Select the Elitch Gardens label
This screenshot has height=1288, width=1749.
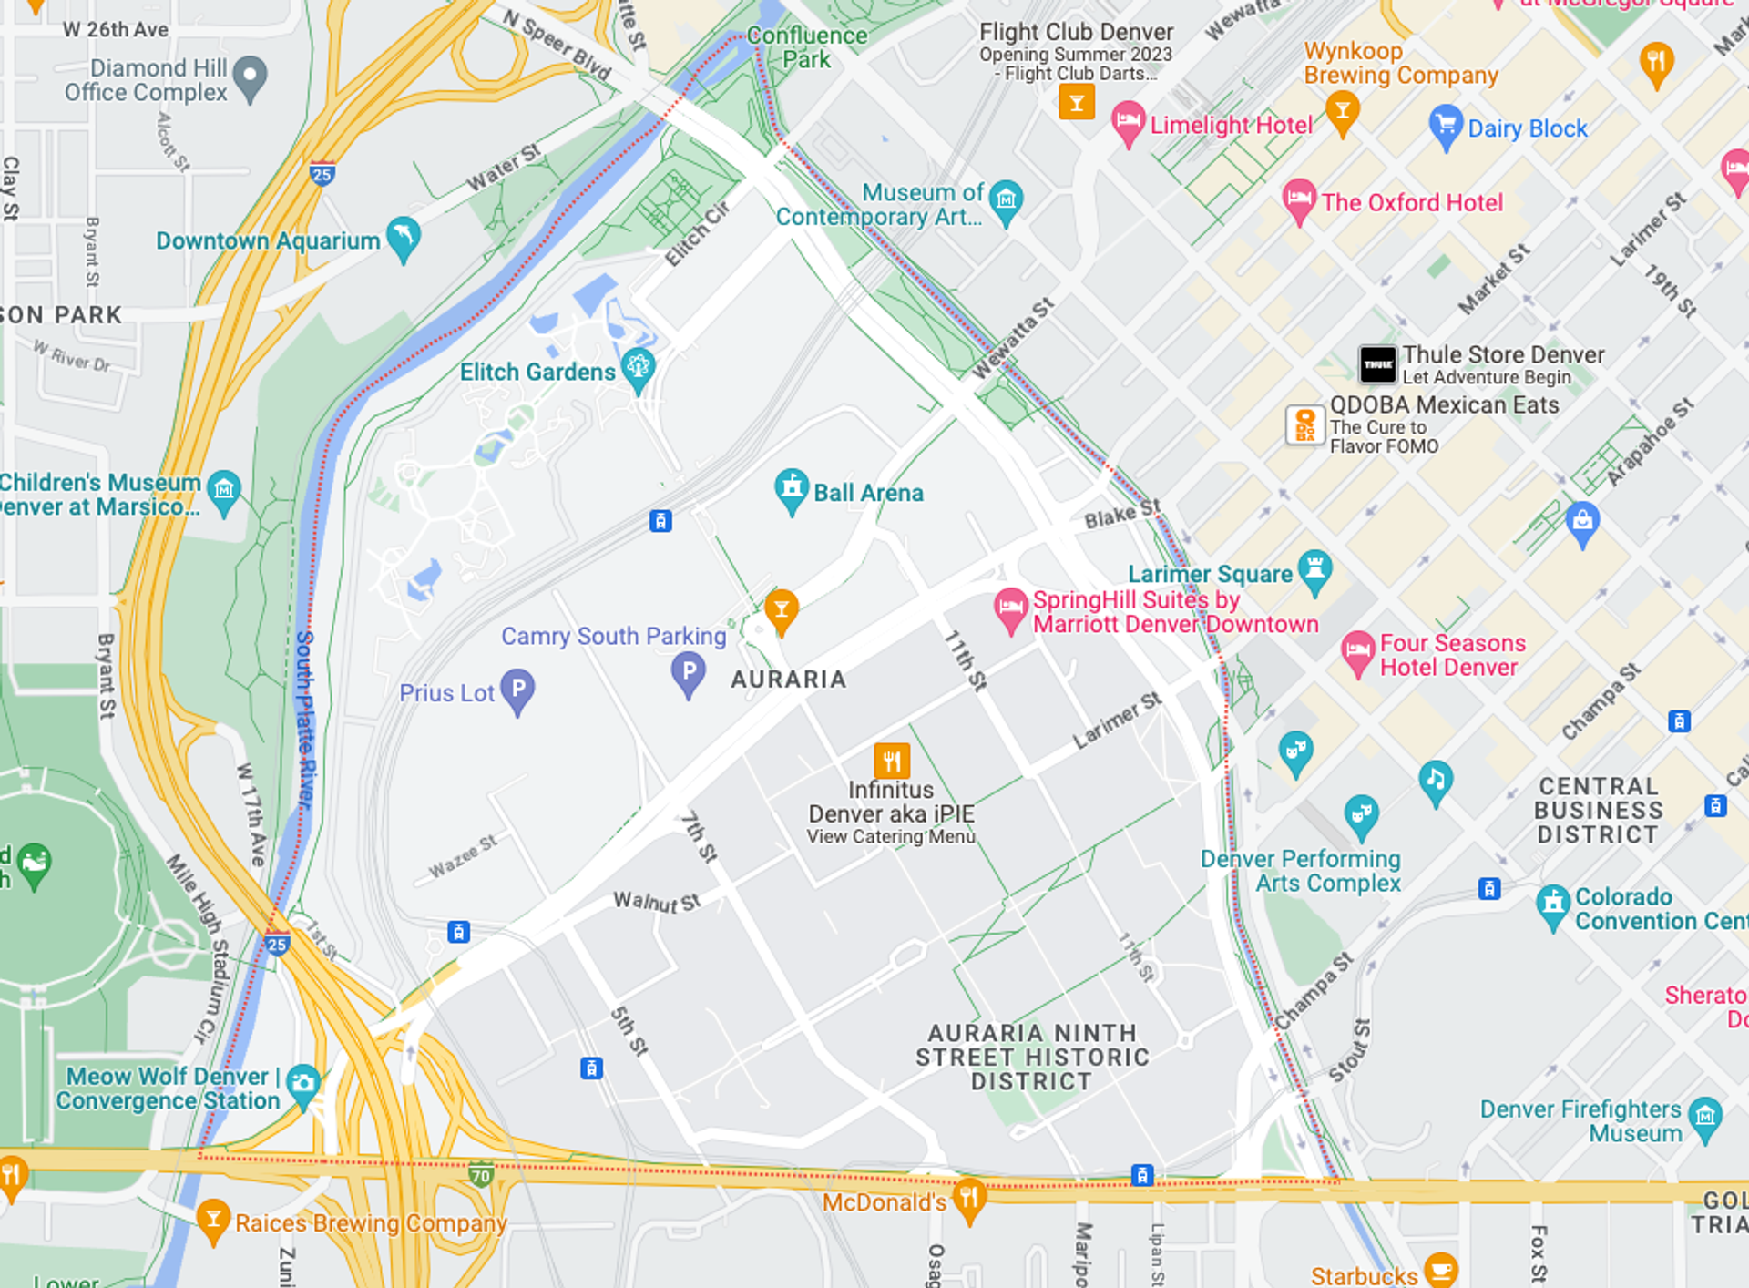point(537,372)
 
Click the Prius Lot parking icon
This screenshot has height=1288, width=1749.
point(517,690)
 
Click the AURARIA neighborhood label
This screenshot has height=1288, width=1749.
point(789,679)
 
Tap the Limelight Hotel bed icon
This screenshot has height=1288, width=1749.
point(1128,121)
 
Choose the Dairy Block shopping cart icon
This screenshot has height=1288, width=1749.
point(1445,125)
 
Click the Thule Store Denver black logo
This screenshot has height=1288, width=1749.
point(1377,364)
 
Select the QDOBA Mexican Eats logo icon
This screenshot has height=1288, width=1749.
point(1304,424)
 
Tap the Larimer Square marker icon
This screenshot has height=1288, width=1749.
point(1314,570)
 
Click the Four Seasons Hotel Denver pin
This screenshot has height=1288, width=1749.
point(1357,651)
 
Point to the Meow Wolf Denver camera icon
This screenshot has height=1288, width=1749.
point(302,1084)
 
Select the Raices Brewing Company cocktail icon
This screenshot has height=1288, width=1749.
point(213,1218)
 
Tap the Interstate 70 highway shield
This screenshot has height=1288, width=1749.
point(480,1175)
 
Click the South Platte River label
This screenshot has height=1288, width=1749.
point(305,720)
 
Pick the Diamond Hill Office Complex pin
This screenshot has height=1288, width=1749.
point(250,77)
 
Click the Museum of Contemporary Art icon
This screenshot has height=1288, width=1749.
point(1006,199)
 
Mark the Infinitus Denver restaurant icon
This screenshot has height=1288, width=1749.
point(891,760)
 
